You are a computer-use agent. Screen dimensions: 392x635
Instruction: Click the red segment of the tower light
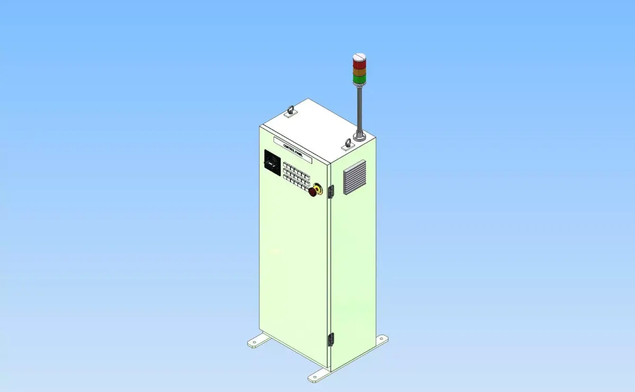pos(359,62)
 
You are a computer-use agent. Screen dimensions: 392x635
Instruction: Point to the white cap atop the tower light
pos(359,55)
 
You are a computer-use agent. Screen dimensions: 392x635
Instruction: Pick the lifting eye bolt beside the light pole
pos(348,144)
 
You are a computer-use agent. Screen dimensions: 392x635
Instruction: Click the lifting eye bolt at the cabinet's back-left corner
pos(289,111)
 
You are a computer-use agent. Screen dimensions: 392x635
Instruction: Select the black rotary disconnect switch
pos(272,162)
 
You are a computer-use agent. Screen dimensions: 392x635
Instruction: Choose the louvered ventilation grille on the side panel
pos(355,177)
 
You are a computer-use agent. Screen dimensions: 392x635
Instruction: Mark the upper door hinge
pos(332,192)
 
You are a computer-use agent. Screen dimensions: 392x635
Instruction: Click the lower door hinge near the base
pos(332,339)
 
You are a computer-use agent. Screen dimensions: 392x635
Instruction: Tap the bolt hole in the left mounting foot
pos(254,343)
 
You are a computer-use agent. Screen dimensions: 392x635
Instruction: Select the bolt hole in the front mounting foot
pos(313,378)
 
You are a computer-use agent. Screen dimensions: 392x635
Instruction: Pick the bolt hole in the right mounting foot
pos(380,339)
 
